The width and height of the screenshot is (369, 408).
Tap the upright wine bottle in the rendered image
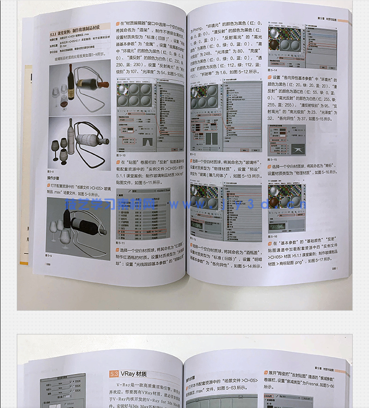[x=71, y=82]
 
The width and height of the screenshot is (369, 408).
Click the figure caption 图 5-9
[x=49, y=256]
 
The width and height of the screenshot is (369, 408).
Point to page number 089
[x=334, y=268]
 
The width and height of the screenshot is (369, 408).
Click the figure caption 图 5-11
[x=120, y=243]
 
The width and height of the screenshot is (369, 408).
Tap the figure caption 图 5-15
[x=272, y=159]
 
